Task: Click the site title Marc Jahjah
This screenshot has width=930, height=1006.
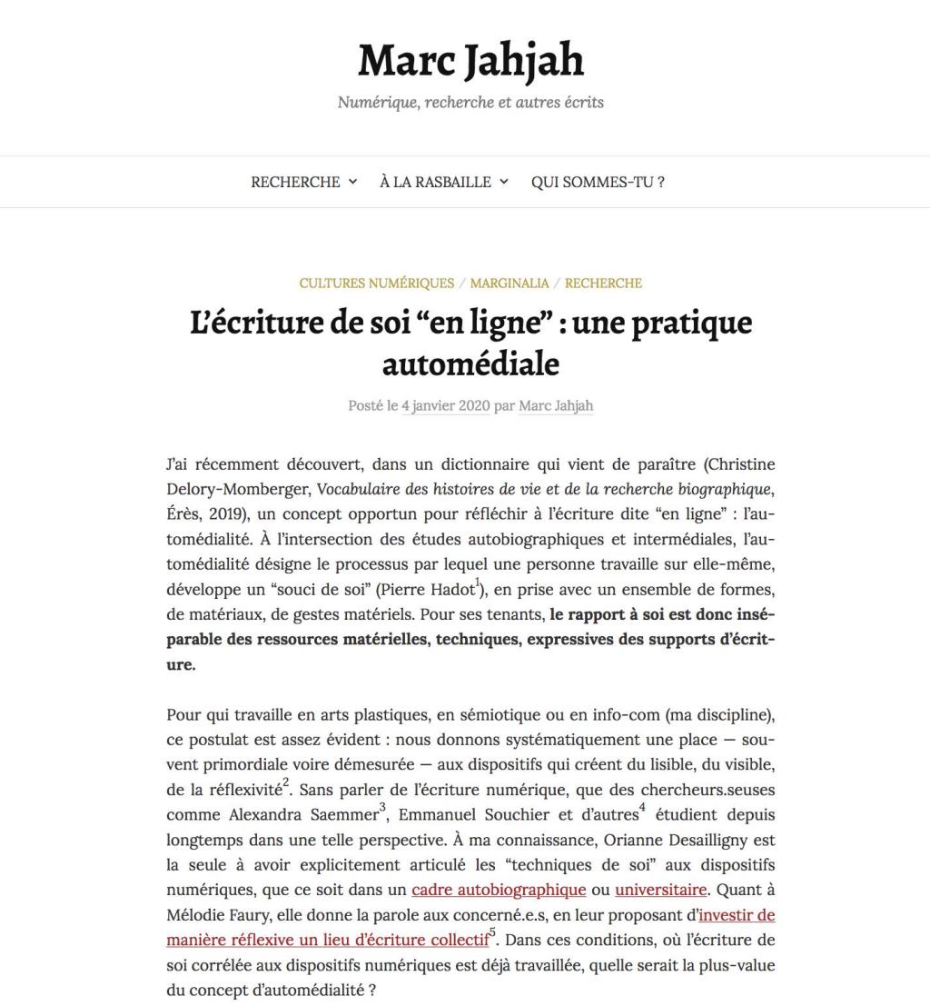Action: [x=470, y=61]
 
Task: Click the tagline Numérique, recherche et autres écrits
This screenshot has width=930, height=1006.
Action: [x=470, y=103]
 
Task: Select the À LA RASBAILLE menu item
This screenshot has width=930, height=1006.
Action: [x=435, y=182]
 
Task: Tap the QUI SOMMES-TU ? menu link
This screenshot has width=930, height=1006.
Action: [x=598, y=182]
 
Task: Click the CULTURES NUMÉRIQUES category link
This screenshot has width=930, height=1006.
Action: [x=377, y=283]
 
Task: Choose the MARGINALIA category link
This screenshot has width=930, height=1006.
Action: [x=510, y=283]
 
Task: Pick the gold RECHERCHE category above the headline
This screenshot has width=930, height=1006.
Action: [x=603, y=283]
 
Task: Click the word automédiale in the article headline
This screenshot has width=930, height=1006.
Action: [x=470, y=364]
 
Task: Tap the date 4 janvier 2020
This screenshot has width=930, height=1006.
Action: [x=445, y=406]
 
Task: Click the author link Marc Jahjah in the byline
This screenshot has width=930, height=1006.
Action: [x=556, y=406]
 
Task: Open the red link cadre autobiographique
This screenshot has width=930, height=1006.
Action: [x=499, y=889]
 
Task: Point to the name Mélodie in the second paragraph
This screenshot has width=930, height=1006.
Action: [x=195, y=914]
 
